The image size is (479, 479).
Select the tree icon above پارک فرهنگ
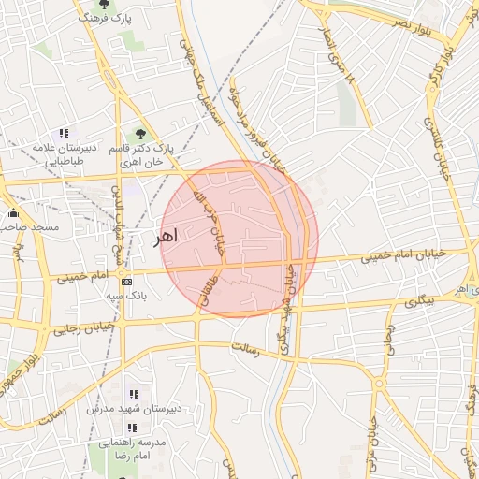point(103,4)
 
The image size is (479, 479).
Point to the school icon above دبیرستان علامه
point(64,133)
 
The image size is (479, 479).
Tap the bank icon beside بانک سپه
point(127,281)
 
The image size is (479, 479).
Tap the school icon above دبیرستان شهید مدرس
point(133,394)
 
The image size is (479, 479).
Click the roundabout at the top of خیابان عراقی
point(380,384)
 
